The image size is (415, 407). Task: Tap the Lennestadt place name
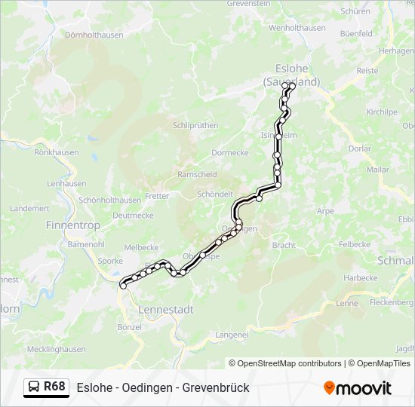pos(166,309)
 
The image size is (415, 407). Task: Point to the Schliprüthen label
pos(195,126)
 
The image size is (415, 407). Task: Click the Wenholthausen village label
pos(297,28)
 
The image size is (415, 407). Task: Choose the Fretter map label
pos(157,196)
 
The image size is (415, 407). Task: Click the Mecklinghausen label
pos(56,349)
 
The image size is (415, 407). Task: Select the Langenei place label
pos(232,334)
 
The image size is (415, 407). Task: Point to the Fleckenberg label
pos(392,303)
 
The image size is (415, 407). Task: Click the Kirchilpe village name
pos(381,112)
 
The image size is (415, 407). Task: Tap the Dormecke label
pos(229,152)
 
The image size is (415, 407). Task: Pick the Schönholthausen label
pos(109,200)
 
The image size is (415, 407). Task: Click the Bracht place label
pos(284,246)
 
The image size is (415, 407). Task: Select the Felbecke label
pos(354,245)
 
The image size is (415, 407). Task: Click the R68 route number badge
pos(54,387)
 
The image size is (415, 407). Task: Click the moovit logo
pos(358,388)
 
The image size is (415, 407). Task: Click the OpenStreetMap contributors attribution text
pos(285,363)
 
